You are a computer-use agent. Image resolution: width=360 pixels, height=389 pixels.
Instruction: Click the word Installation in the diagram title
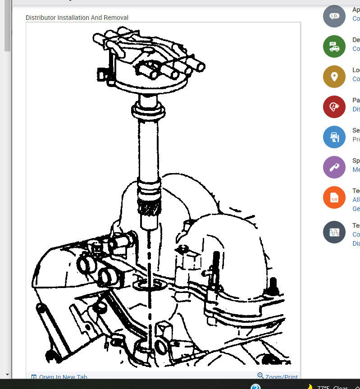tap(73, 18)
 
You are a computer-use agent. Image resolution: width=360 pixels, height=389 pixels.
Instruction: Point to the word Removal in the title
tap(117, 18)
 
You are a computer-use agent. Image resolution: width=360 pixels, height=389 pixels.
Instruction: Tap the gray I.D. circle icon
tap(334, 16)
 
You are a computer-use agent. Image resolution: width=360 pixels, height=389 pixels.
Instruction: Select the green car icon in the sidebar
tap(334, 46)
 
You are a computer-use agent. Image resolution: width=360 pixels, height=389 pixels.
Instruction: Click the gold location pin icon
tap(334, 77)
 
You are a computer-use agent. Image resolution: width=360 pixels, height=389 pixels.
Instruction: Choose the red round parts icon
tap(334, 107)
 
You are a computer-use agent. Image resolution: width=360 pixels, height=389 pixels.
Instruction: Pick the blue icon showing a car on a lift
tap(334, 137)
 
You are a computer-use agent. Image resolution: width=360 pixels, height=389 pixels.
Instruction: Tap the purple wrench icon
tap(334, 167)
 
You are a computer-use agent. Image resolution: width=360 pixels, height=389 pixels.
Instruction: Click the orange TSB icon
tap(334, 197)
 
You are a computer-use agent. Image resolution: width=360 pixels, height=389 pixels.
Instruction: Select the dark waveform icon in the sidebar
tap(334, 232)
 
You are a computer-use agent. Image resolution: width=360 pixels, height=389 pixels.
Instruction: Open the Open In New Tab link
tap(63, 377)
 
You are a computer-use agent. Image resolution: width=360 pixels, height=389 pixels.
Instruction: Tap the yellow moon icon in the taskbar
tap(310, 386)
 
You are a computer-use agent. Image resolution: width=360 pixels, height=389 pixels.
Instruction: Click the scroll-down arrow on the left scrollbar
tap(7, 374)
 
